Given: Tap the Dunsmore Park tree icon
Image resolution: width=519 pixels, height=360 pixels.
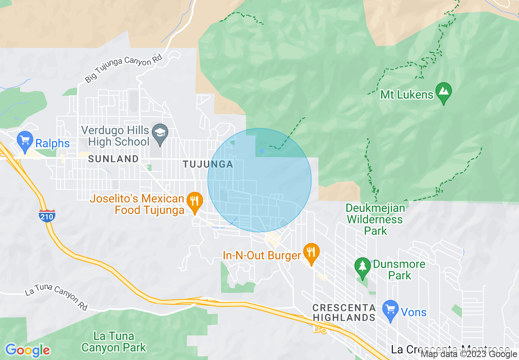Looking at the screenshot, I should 362,267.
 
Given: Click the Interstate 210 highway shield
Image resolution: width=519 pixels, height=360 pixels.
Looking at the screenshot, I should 47,216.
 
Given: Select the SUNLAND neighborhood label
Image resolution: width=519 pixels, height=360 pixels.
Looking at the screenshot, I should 113,159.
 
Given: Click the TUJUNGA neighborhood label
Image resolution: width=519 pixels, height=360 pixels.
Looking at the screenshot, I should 208,164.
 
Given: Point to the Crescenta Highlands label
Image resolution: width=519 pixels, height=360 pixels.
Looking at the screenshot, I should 344,313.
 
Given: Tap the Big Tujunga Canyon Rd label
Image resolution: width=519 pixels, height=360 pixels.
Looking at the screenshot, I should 123,69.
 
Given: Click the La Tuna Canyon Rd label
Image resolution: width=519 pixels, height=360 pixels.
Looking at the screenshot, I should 56,298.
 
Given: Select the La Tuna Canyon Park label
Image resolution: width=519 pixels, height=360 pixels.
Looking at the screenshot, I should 114,342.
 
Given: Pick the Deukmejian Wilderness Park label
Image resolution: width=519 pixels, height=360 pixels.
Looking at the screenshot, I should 375,219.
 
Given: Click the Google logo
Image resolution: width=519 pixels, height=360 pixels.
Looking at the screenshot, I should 27,350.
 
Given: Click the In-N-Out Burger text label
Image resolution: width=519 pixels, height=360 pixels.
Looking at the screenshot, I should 262,256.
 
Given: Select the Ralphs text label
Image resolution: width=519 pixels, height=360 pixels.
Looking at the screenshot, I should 52,144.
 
